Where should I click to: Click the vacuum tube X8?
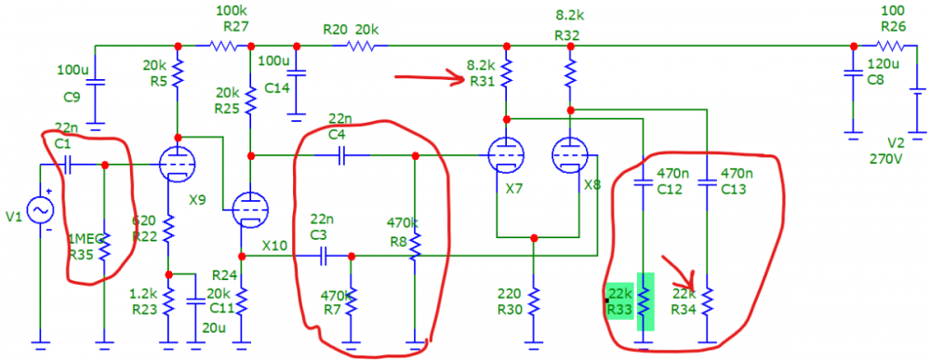(x=569, y=155)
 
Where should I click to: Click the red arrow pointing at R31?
(x=429, y=79)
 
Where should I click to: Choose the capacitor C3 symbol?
(x=322, y=255)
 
